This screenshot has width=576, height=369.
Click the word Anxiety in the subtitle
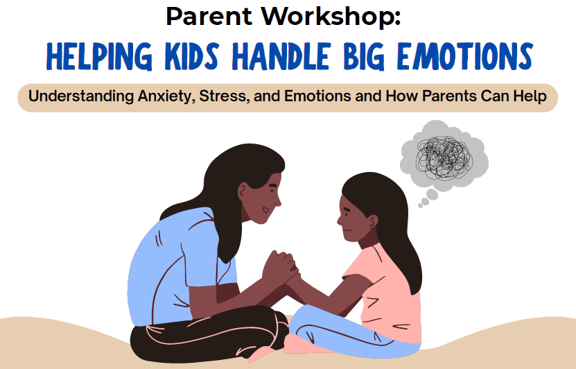164,96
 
